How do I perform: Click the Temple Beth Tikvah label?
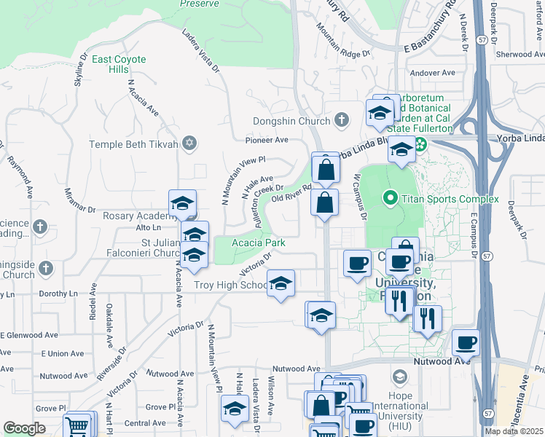[133, 144]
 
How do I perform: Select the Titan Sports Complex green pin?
[390, 197]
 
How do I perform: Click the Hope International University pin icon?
[399, 377]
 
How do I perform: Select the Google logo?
[24, 428]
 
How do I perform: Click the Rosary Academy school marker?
[182, 203]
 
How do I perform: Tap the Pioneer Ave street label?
[267, 140]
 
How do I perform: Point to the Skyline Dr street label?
[80, 70]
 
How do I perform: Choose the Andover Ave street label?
[432, 73]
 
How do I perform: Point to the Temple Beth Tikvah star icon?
[190, 142]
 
